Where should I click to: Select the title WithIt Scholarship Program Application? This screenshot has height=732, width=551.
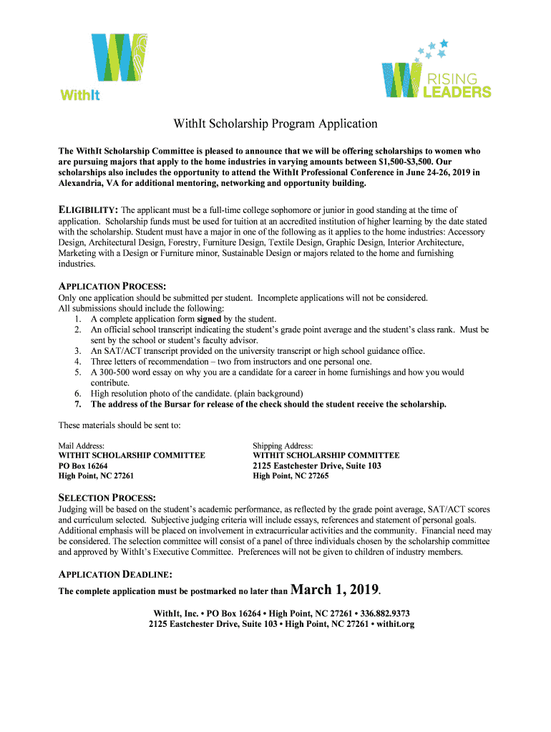(x=275, y=124)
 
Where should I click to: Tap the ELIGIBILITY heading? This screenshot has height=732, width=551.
(x=87, y=209)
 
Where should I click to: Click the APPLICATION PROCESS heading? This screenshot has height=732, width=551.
(x=112, y=286)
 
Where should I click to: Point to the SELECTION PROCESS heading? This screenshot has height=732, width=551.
(x=107, y=498)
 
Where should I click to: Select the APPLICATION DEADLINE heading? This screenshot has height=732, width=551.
(x=114, y=574)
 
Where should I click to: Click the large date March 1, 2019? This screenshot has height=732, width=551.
(x=335, y=590)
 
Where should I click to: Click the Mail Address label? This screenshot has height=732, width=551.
(x=81, y=445)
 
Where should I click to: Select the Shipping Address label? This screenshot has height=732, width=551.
(x=283, y=445)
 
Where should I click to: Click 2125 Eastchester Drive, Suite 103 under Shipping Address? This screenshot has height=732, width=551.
(x=317, y=465)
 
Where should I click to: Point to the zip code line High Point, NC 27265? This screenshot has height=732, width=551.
(x=291, y=476)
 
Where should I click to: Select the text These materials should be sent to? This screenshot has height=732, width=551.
(x=120, y=425)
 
